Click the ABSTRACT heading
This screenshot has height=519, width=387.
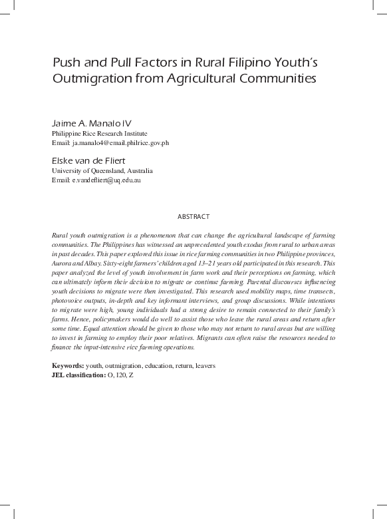point(193,217)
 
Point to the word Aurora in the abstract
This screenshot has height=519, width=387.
point(62,264)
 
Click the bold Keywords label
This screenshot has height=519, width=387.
point(68,366)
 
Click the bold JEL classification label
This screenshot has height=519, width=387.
point(78,375)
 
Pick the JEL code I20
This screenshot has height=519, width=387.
point(120,375)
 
